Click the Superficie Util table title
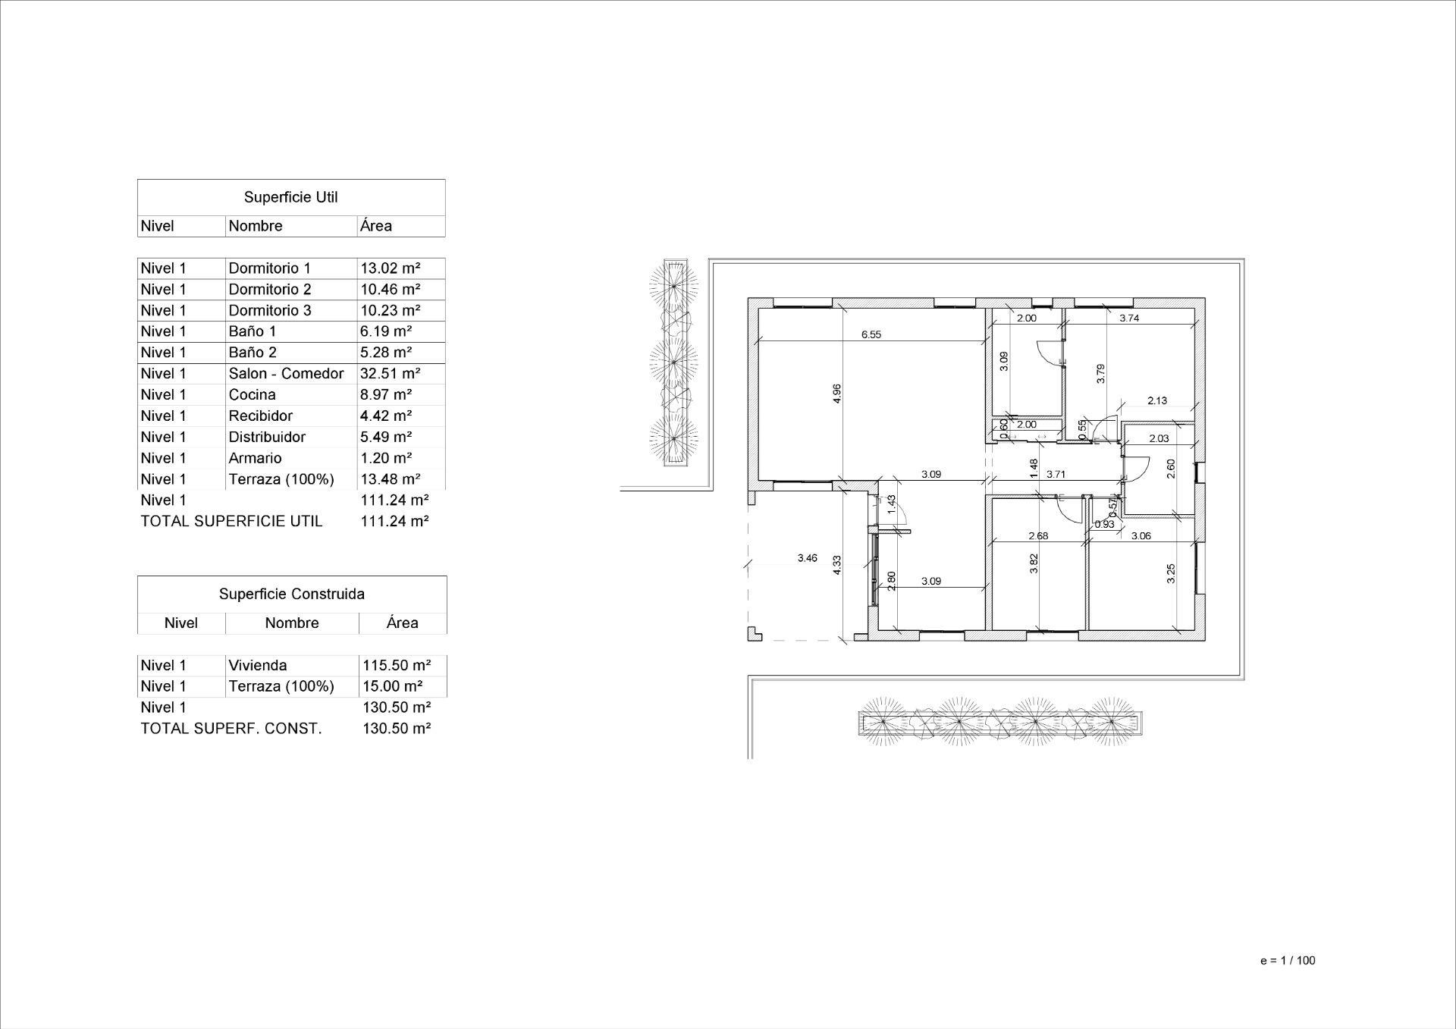point(290,197)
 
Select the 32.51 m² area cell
point(390,374)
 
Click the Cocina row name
point(252,395)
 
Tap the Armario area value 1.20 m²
point(385,458)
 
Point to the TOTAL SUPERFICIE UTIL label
point(231,522)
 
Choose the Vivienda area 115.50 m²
point(397,666)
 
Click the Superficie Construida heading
point(291,594)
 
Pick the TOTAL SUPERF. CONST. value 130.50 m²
point(397,729)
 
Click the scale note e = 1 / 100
point(1288,961)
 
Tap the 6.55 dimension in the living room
point(871,334)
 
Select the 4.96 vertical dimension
point(836,393)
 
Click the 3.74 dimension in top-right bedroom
point(1129,318)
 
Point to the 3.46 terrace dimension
point(807,558)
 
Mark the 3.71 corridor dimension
point(1056,475)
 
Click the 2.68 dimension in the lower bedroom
point(1037,536)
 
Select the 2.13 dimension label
point(1156,401)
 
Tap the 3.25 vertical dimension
point(1170,573)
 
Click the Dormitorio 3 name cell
point(269,311)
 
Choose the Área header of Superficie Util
point(376,226)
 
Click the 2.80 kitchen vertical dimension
point(892,581)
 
